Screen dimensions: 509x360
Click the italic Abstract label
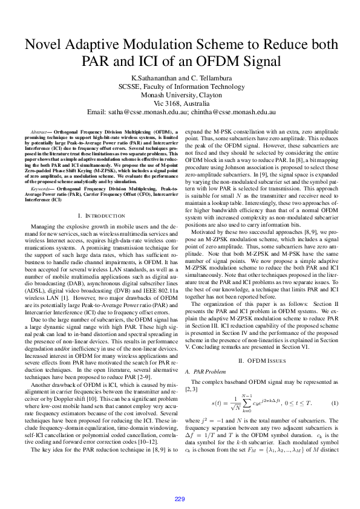[41, 132]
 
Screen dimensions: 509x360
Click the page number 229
[180, 498]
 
